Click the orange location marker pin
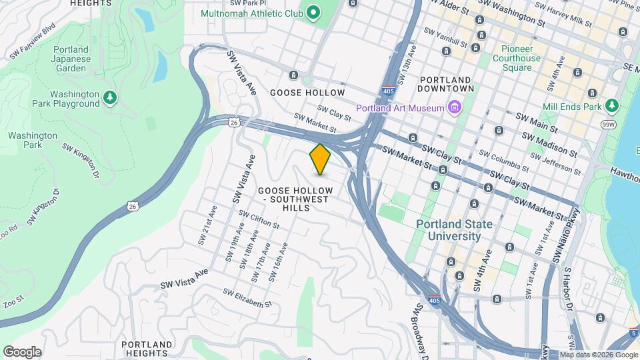point(320,159)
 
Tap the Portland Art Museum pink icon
point(456,107)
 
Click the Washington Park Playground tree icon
point(110,99)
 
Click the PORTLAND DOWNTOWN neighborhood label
point(446,83)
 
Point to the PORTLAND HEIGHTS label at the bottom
point(147,348)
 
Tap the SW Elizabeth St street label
point(247,298)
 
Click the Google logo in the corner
point(22,352)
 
